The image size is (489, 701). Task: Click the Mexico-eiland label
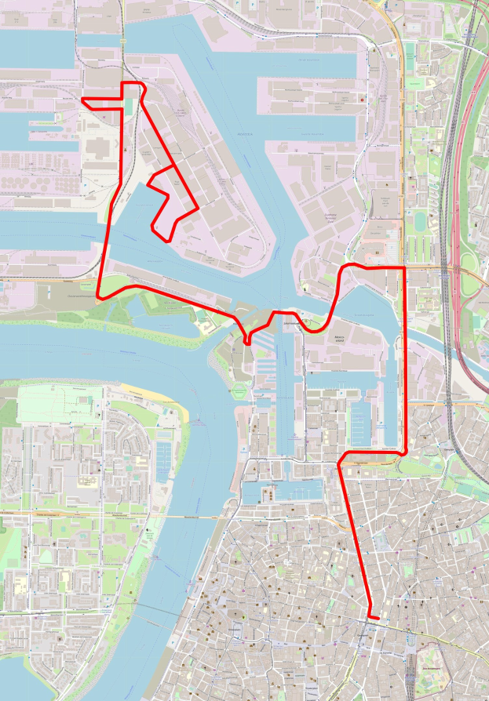pos(339,339)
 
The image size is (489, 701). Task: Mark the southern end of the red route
pos(378,619)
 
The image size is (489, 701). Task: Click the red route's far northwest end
pos(84,100)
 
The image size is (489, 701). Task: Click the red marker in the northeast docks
pos(362,100)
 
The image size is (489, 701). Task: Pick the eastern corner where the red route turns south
pos(404,268)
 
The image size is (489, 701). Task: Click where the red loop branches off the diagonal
pos(173,168)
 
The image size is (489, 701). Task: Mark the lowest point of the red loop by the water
pos(162,236)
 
